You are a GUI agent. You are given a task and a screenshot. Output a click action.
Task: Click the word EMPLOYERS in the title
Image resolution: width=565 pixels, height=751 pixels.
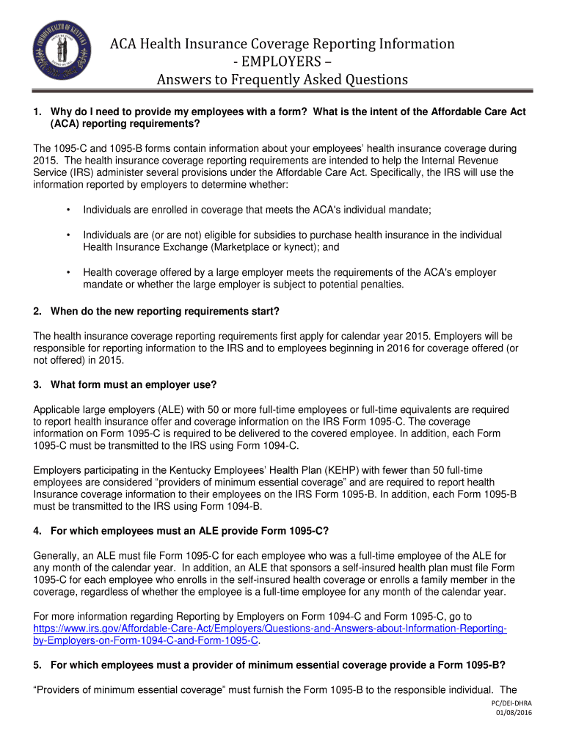pos(282,62)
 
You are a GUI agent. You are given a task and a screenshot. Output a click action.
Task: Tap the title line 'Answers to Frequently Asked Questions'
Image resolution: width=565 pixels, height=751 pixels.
pos(282,79)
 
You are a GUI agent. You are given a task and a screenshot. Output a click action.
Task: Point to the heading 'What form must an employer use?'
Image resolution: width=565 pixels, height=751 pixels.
pos(134,385)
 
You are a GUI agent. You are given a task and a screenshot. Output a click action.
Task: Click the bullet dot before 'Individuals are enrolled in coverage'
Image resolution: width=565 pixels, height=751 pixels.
pos(68,210)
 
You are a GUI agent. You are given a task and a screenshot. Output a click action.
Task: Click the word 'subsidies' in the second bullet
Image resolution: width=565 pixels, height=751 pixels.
pos(285,235)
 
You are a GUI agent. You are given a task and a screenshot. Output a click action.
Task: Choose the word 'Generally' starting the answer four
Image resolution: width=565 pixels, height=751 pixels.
pos(58,556)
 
